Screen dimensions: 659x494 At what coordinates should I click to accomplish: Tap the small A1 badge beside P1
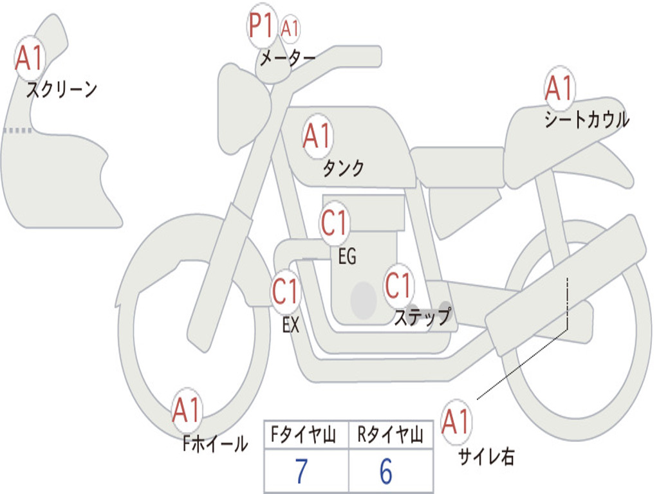pos(291,29)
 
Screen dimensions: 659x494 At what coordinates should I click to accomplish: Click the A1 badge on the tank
pos(317,136)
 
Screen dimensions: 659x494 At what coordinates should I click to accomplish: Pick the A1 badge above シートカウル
pos(559,89)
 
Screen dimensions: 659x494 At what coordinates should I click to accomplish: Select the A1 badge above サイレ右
pos(456,423)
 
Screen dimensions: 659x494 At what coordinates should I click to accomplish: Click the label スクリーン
pos(62,89)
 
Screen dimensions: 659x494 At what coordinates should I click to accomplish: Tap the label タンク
pos(343,169)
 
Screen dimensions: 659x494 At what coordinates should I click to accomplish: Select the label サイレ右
pos(486,457)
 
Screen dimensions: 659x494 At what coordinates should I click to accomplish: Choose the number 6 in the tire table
pos(385,472)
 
